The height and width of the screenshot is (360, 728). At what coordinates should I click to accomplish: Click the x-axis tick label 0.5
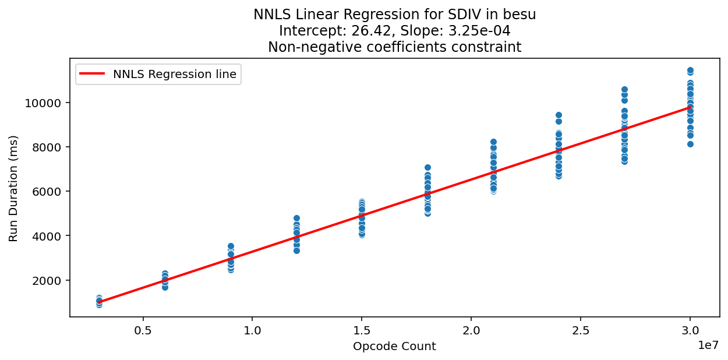[x=143, y=330]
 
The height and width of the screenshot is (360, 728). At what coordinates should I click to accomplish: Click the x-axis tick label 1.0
[x=252, y=330]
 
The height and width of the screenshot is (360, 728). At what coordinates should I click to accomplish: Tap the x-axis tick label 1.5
[x=362, y=330]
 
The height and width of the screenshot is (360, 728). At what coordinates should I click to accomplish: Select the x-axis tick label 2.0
[x=471, y=330]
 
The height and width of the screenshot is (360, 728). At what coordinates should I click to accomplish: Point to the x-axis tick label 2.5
[x=581, y=330]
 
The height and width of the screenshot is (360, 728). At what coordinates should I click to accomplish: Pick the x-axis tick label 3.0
[x=690, y=330]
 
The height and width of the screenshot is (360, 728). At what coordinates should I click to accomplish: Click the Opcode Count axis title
[x=394, y=347]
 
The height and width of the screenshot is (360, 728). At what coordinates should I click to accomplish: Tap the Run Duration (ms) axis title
[x=13, y=188]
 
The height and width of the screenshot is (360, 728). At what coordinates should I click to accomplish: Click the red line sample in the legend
[x=93, y=74]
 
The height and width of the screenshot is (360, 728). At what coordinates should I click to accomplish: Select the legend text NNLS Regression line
[x=175, y=74]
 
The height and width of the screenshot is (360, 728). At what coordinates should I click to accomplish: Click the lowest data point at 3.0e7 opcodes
[x=690, y=144]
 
